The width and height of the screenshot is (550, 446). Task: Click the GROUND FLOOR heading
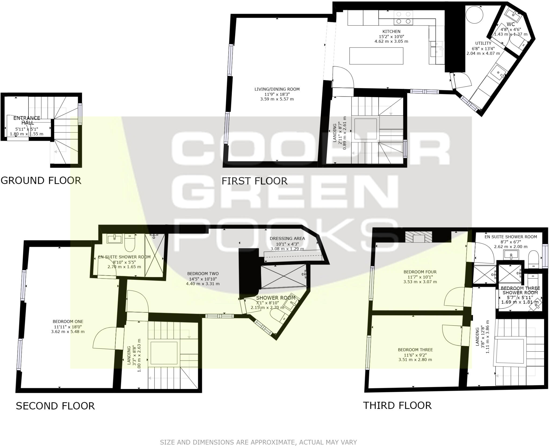point(41,180)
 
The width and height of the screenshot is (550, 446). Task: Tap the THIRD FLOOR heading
point(397,405)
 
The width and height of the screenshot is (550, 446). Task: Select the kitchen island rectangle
point(376,56)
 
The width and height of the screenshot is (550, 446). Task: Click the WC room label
point(511,24)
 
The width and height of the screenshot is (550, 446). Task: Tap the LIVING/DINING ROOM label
point(277,89)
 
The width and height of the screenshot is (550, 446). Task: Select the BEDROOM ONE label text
point(68,321)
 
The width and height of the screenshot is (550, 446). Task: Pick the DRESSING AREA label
point(287,238)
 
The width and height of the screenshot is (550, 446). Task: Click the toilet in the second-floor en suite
point(130,242)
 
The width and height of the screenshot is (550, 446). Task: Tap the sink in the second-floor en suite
point(114,238)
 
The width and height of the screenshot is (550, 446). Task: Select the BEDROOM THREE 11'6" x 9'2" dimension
point(415,355)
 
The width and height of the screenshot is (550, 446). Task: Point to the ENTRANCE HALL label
point(27,120)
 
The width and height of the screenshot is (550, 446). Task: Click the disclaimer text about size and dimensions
point(258,442)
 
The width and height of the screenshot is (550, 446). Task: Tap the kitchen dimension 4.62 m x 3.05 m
point(391,41)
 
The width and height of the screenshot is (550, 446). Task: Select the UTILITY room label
point(483,43)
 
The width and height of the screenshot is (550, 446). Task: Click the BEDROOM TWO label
point(203,274)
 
